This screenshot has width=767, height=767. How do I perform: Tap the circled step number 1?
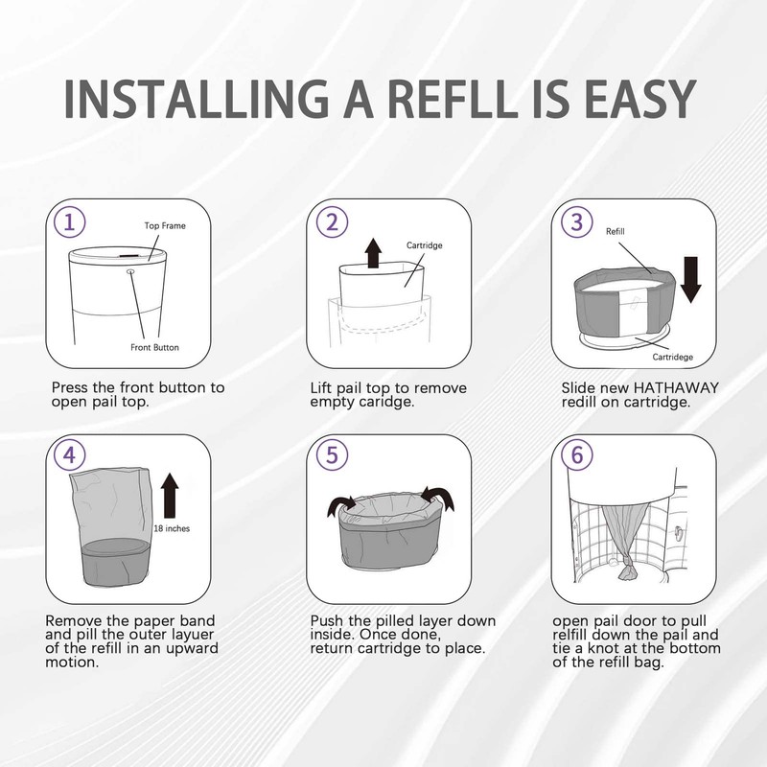tap(69, 222)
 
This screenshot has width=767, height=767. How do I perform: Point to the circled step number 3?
tap(576, 222)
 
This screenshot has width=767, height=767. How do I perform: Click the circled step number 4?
tap(69, 454)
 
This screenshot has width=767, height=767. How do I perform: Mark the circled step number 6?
tap(576, 454)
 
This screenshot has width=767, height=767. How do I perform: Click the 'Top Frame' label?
tap(165, 226)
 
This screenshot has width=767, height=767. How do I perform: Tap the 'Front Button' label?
tap(155, 347)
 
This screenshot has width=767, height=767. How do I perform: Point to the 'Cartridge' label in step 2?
tap(424, 245)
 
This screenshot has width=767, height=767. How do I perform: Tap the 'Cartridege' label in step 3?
tap(673, 357)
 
